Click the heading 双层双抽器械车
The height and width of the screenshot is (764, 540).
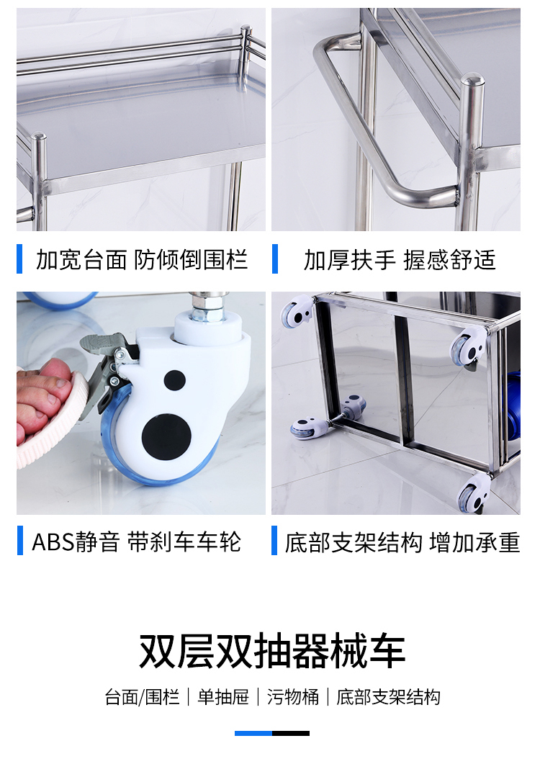coord(271,651)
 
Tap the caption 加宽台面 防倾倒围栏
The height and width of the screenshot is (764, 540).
coord(142,259)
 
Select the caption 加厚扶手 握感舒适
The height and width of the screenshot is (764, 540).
coord(400,260)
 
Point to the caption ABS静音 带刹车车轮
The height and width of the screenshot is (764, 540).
coord(137,541)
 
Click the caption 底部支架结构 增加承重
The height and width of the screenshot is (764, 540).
coord(402,542)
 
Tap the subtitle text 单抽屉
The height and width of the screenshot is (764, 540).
coord(223,697)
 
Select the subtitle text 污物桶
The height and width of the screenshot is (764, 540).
coord(293,697)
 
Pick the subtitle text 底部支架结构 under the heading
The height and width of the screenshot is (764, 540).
coord(388,697)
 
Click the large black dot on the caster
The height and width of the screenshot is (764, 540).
coord(166,436)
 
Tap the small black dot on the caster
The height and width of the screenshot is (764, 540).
coord(174,380)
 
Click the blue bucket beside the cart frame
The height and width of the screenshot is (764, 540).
coord(513,407)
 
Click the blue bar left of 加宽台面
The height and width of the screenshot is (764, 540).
coord(19,259)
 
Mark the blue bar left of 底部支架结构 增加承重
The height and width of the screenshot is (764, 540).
coord(274,540)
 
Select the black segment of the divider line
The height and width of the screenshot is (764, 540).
coord(290,733)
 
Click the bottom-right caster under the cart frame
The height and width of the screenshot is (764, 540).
coord(474,492)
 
